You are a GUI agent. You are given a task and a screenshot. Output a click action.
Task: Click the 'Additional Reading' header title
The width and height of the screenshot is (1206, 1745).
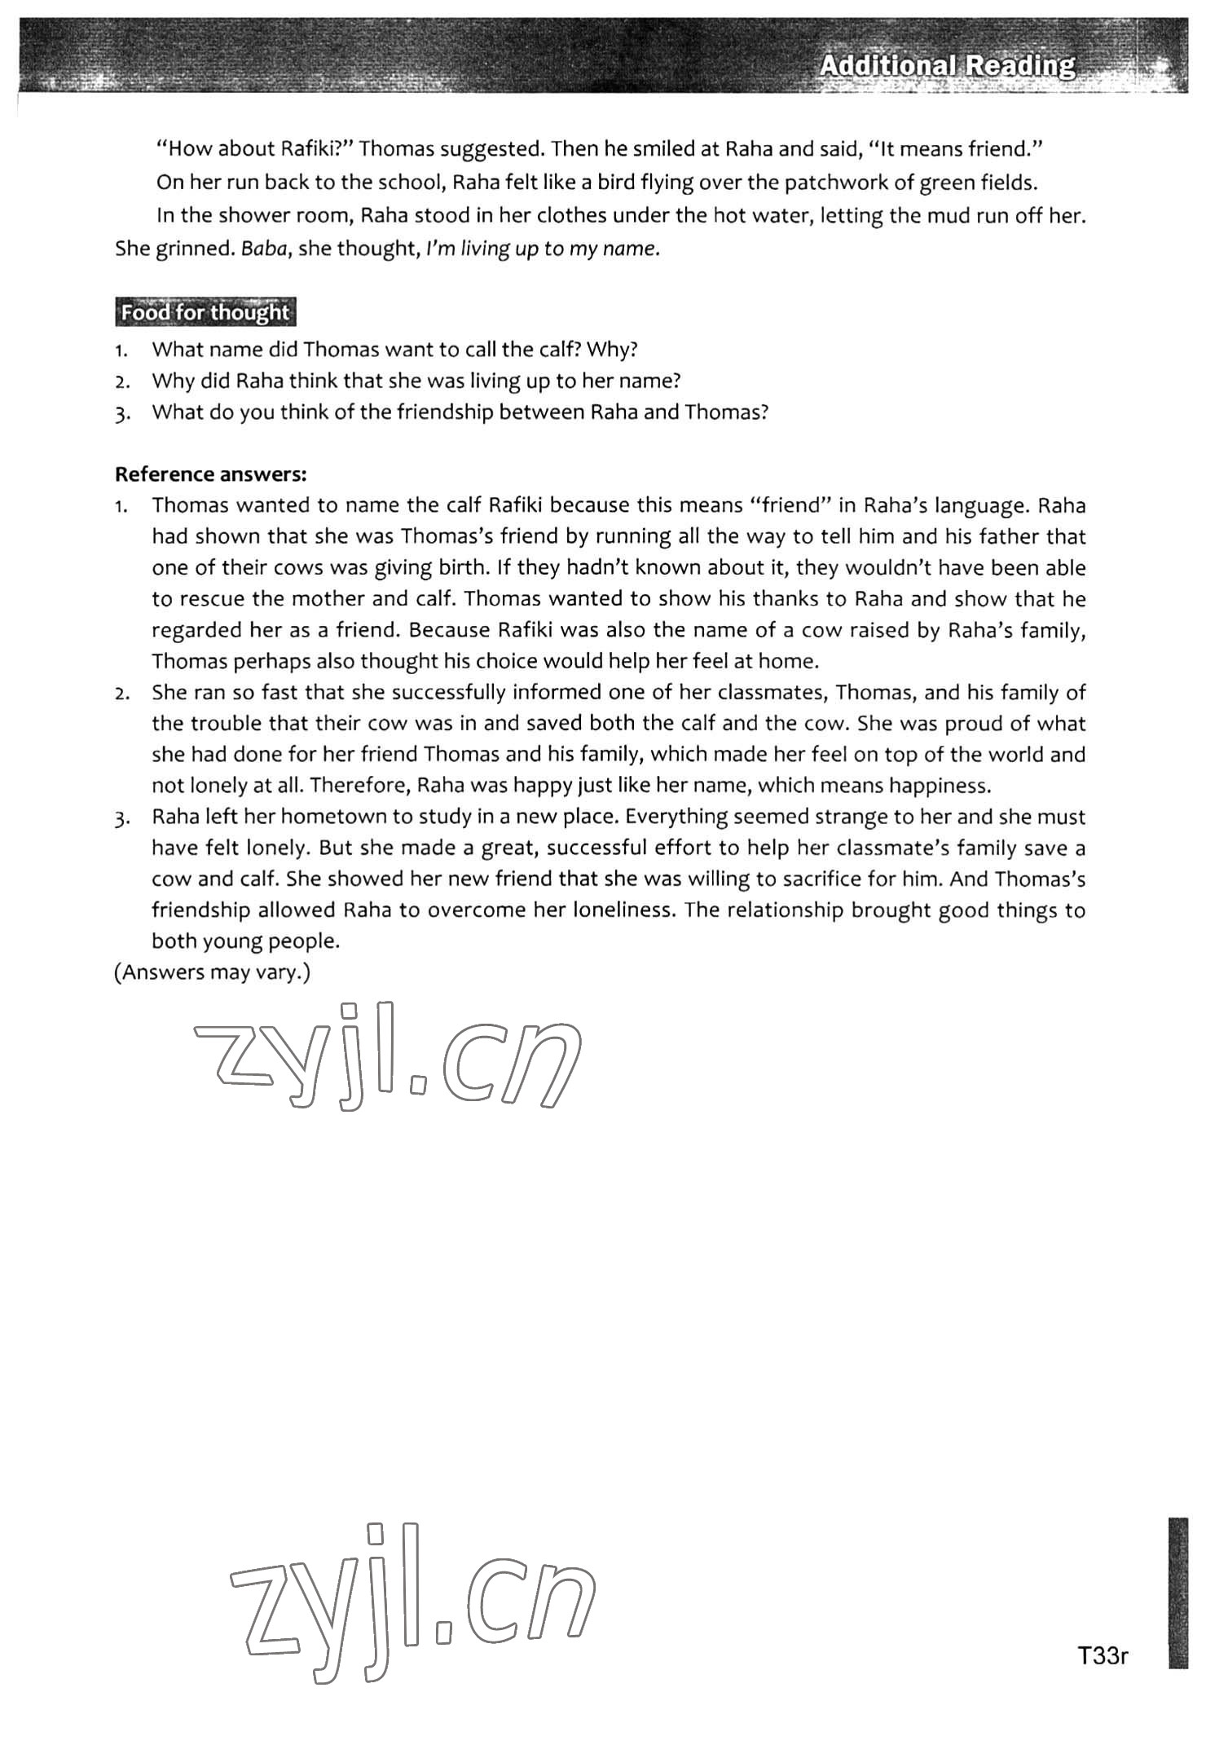tap(947, 65)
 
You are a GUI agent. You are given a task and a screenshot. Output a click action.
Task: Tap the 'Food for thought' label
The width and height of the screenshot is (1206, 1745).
tap(205, 313)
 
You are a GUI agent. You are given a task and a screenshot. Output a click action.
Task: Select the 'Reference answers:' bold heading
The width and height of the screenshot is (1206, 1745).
tap(211, 474)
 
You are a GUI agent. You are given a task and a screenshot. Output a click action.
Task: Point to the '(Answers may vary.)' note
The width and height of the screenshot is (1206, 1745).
tap(212, 972)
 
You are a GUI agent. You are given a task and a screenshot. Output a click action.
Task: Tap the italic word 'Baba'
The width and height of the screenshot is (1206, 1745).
tap(266, 249)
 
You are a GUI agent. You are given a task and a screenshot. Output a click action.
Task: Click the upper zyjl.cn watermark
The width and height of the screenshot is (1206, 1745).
tap(387, 1055)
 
